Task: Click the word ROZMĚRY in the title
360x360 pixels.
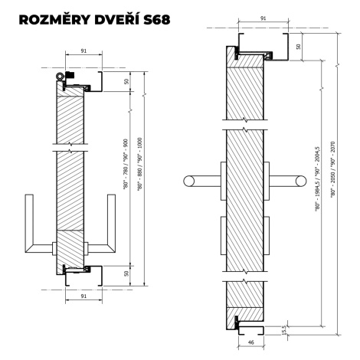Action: click(x=55, y=20)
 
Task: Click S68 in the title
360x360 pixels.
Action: click(x=157, y=20)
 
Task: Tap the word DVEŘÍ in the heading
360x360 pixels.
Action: click(x=117, y=19)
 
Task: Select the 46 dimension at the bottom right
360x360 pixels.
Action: click(x=250, y=342)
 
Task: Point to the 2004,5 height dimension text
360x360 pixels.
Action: click(x=317, y=178)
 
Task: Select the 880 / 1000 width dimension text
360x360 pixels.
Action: click(x=139, y=164)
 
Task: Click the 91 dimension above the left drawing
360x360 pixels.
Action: click(x=83, y=51)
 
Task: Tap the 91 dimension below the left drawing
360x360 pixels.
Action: click(x=83, y=296)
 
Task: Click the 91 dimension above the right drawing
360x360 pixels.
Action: click(x=263, y=18)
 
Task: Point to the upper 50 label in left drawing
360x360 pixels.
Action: click(x=126, y=81)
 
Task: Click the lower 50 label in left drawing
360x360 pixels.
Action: click(x=126, y=273)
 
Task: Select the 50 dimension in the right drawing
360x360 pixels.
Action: click(x=298, y=47)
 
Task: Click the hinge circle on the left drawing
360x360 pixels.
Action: click(x=61, y=76)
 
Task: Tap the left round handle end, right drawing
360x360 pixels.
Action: click(x=189, y=181)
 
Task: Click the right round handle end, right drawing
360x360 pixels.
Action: click(x=301, y=181)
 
